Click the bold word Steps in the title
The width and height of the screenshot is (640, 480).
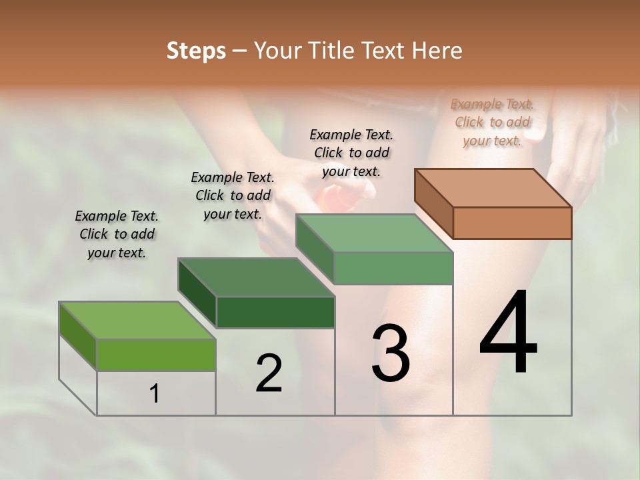pyautogui.click(x=196, y=51)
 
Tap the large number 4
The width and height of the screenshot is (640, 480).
pyautogui.click(x=508, y=333)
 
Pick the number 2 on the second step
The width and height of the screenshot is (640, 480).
pyautogui.click(x=269, y=373)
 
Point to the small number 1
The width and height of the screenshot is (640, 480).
pyautogui.click(x=155, y=393)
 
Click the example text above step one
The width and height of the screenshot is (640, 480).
pyautogui.click(x=117, y=234)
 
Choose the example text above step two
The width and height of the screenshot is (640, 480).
pyautogui.click(x=233, y=195)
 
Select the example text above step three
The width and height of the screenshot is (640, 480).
pyautogui.click(x=351, y=153)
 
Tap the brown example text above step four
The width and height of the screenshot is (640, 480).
pyautogui.click(x=493, y=122)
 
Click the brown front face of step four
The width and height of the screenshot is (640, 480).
pyautogui.click(x=512, y=223)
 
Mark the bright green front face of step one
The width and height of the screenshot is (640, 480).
pyautogui.click(x=156, y=355)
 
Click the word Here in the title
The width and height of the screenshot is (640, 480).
pyautogui.click(x=437, y=51)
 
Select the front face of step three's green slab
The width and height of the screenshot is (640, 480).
pyautogui.click(x=393, y=268)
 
